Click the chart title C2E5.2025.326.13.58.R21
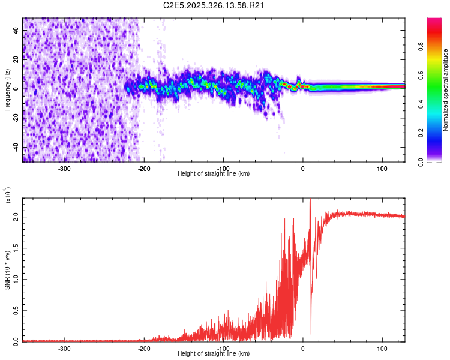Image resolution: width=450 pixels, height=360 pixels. coord(214,5)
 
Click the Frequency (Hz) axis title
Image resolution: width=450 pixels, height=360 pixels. coord(7,90)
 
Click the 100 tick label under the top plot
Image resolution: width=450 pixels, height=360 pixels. coord(382,168)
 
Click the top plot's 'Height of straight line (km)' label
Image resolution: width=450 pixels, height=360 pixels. coord(214,174)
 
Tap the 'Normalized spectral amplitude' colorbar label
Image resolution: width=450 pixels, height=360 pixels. coord(445,90)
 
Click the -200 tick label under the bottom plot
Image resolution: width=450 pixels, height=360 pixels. coord(143,348)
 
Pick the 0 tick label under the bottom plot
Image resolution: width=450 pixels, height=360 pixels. coord(302,348)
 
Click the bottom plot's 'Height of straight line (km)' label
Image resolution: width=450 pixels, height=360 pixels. coord(214,354)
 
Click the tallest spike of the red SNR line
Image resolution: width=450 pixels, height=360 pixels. coord(310,202)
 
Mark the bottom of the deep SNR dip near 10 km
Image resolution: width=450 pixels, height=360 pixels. coord(311,334)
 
